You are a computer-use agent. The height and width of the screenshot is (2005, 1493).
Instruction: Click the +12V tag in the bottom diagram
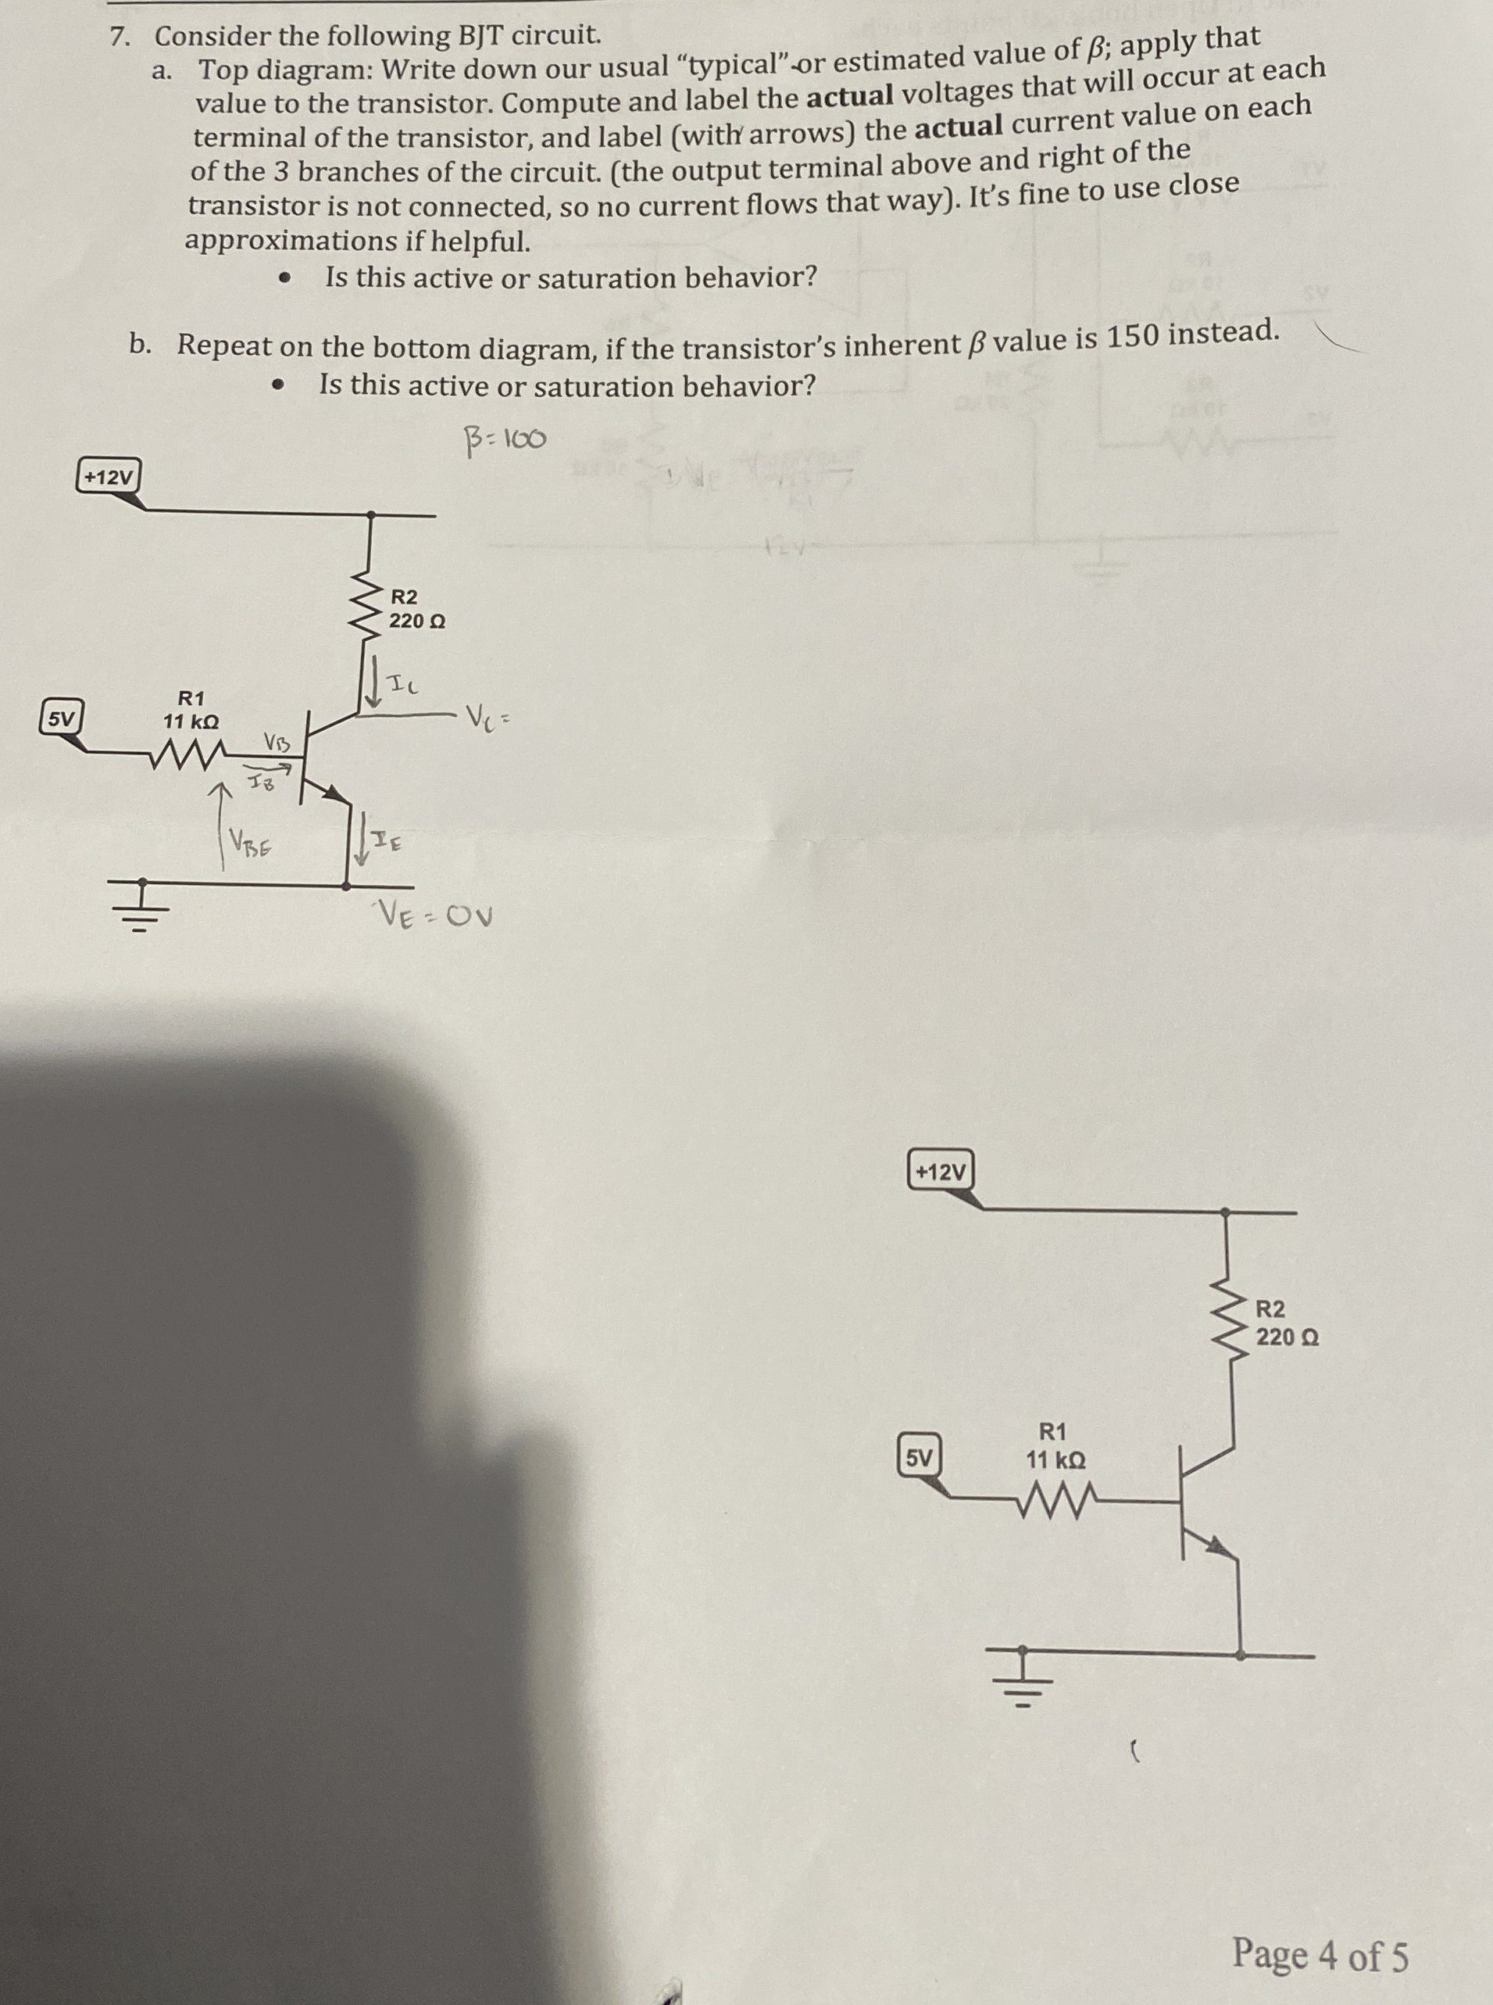coord(940,1173)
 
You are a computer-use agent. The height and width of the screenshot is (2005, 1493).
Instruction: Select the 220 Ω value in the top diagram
coord(416,622)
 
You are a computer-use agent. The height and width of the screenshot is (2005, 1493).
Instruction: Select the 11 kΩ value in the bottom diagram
coord(1055,1460)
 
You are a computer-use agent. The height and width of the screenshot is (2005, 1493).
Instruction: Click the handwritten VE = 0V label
coord(436,918)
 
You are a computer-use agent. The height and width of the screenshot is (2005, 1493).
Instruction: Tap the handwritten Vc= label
coord(489,721)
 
